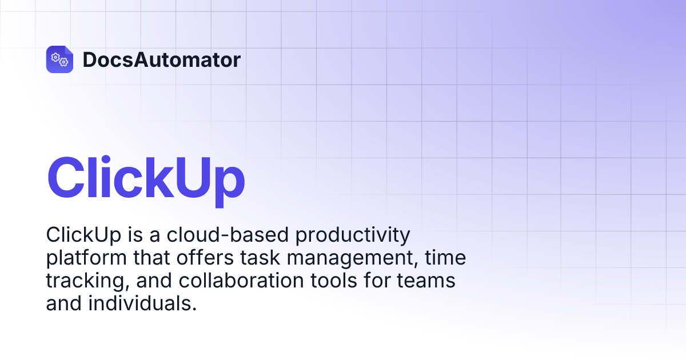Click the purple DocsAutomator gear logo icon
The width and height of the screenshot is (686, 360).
59,59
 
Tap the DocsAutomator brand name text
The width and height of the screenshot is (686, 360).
161,60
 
